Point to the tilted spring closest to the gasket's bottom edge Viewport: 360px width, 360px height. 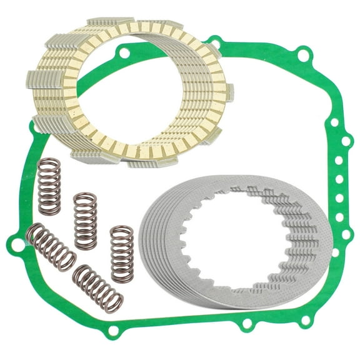[x=99, y=287]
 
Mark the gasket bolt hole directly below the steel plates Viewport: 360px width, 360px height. [x=247, y=324]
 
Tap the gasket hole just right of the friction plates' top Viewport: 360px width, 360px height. [x=216, y=43]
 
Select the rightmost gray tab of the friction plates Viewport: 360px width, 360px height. [x=230, y=91]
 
